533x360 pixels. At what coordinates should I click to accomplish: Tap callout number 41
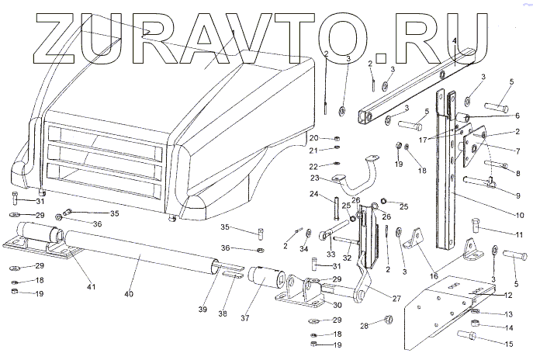(x=91, y=288)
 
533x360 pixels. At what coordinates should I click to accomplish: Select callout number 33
(x=330, y=253)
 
